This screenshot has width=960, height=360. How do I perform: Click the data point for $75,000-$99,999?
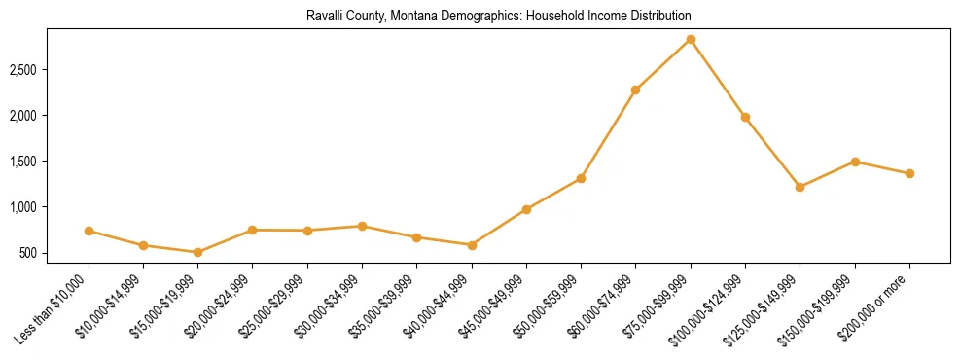tap(691, 40)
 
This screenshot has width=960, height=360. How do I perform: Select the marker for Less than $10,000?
tap(89, 231)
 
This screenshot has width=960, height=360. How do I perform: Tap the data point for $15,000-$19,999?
tap(198, 252)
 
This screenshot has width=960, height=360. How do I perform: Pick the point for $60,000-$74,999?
tap(635, 90)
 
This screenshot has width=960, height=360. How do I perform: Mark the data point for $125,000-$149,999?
tap(800, 187)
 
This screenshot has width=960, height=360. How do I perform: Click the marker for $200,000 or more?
tap(909, 173)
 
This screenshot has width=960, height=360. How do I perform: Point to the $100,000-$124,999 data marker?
tap(745, 117)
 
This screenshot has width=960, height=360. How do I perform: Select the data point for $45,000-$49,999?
tap(526, 209)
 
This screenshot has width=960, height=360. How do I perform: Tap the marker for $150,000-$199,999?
tap(855, 162)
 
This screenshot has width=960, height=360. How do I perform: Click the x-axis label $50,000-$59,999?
tap(551, 304)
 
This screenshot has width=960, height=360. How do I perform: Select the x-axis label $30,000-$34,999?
tap(332, 304)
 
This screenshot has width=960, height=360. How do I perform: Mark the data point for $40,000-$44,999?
tap(472, 245)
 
